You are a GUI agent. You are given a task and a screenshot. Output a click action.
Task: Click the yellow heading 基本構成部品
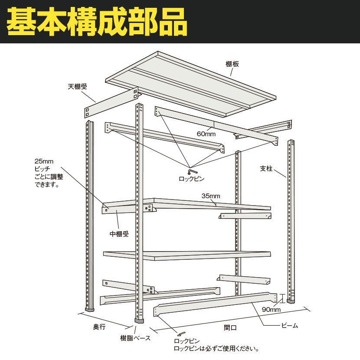point(97,21)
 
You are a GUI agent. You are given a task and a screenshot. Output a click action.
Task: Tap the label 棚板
point(232,64)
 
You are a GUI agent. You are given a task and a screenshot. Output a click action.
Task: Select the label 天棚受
point(77,87)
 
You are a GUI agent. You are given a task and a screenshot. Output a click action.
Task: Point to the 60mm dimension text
point(206,134)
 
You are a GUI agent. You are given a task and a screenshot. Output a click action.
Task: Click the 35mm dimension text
point(211,196)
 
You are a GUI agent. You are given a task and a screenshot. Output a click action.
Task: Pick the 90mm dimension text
point(271,310)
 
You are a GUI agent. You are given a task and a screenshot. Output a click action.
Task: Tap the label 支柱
point(266,169)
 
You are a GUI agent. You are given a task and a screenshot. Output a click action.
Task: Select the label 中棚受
point(119,234)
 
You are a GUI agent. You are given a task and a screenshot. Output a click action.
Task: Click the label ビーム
point(290,325)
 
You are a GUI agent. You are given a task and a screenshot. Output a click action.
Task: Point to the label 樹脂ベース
point(135,338)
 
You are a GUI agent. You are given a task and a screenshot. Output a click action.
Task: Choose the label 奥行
point(99,327)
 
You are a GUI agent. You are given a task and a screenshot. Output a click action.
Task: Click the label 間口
point(230,327)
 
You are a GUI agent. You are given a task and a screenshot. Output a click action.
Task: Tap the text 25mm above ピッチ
point(44,161)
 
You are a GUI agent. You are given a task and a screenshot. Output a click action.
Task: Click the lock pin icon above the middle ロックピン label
point(193,171)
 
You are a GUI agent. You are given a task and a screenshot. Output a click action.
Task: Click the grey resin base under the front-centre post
point(139,321)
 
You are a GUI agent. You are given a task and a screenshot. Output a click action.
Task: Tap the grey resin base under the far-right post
point(291,301)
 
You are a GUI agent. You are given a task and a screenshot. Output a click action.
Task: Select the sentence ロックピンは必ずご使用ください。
point(216,349)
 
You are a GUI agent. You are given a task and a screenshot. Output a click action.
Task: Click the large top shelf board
point(190,84)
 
